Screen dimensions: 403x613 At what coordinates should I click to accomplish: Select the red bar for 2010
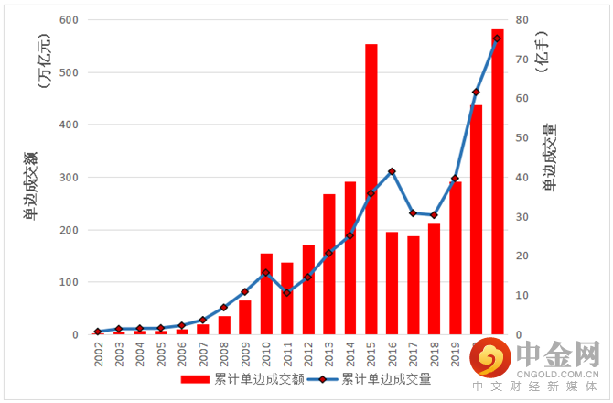point(266,293)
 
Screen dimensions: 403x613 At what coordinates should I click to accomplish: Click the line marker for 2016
point(393,171)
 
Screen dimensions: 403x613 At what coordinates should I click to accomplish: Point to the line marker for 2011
point(286,292)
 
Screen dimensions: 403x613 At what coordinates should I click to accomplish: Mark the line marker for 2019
point(455,179)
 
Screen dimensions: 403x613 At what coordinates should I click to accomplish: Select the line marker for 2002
point(97,331)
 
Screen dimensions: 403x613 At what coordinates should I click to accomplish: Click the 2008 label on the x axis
point(224,354)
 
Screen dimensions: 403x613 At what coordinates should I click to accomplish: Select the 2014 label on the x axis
point(350,354)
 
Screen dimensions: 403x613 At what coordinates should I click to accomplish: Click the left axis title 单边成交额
point(31,188)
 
